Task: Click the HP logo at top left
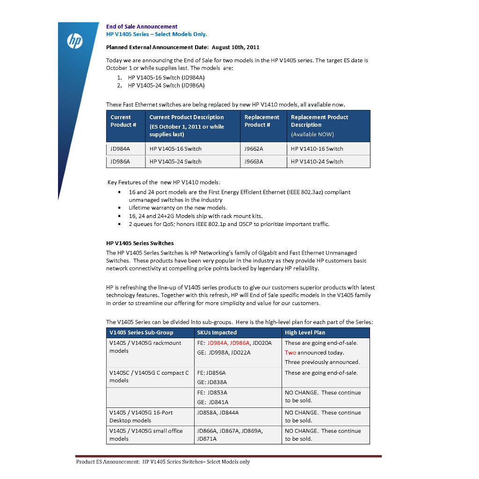pyautogui.click(x=75, y=41)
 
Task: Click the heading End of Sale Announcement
pyautogui.click(x=142, y=27)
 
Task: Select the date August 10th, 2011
pyautogui.click(x=235, y=47)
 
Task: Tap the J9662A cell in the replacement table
pyautogui.click(x=254, y=149)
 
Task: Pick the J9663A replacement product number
pyautogui.click(x=254, y=161)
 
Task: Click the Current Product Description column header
pyautogui.click(x=186, y=117)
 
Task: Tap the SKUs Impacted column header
pyautogui.click(x=217, y=333)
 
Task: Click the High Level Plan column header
pyautogui.click(x=305, y=333)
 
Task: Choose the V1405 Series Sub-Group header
pyautogui.click(x=141, y=333)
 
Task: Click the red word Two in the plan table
pyautogui.click(x=290, y=353)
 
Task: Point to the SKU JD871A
pyautogui.click(x=207, y=439)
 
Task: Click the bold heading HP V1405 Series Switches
pyautogui.click(x=140, y=243)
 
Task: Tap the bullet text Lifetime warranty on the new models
pyautogui.click(x=178, y=208)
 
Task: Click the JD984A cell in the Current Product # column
pyautogui.click(x=120, y=149)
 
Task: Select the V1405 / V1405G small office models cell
pyautogui.click(x=146, y=435)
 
